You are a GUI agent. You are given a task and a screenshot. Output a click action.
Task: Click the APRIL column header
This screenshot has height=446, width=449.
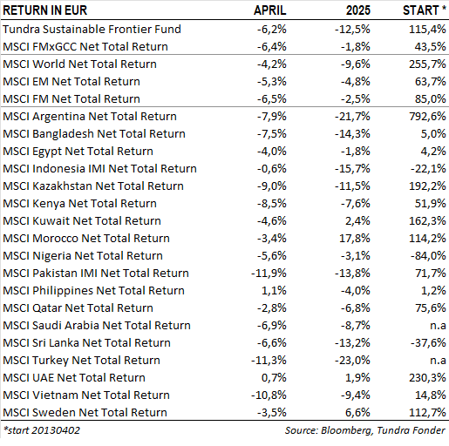tap(270, 10)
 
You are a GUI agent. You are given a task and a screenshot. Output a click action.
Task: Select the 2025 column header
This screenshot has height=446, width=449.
tap(358, 10)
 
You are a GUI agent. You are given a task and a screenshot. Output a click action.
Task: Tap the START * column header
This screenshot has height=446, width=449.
tap(425, 10)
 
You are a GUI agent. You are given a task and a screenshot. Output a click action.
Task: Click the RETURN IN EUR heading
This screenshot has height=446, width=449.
tap(45, 10)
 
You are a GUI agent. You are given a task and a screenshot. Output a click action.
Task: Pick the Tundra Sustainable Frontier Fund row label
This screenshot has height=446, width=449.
tap(92, 29)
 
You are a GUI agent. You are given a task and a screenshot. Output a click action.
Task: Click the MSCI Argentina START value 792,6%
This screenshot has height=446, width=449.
tap(427, 117)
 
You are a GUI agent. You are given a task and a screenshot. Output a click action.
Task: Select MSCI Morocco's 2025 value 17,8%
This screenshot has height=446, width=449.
tap(355, 239)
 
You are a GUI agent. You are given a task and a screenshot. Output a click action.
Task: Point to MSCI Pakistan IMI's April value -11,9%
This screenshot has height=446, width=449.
tap(269, 274)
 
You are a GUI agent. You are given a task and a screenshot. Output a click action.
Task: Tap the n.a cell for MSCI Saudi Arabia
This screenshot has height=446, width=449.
tap(438, 326)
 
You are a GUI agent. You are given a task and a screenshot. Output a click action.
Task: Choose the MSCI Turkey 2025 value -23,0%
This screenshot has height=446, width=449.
tap(352, 361)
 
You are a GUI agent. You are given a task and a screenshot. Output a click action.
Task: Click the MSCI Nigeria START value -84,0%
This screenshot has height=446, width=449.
tap(428, 256)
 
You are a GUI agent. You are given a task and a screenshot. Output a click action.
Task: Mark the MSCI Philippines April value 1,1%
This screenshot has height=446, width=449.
tap(274, 291)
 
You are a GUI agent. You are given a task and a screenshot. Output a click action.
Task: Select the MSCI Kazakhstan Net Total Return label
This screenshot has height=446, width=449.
tap(93, 186)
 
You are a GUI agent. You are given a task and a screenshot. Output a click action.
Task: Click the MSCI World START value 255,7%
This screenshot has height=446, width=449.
tap(427, 64)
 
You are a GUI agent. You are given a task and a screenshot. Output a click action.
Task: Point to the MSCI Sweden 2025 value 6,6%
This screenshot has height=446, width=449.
tap(357, 413)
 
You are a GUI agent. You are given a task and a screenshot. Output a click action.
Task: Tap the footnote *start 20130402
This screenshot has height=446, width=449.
tap(41, 430)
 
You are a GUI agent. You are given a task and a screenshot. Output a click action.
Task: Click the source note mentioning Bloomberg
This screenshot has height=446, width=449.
tap(365, 430)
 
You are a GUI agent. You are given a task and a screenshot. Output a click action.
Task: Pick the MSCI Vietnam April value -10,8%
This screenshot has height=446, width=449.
tap(269, 395)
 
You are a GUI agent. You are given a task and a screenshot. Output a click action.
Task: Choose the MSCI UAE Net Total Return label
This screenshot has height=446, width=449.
tap(74, 378)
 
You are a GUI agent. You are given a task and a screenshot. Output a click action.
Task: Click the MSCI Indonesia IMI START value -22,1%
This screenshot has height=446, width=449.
tap(428, 169)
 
